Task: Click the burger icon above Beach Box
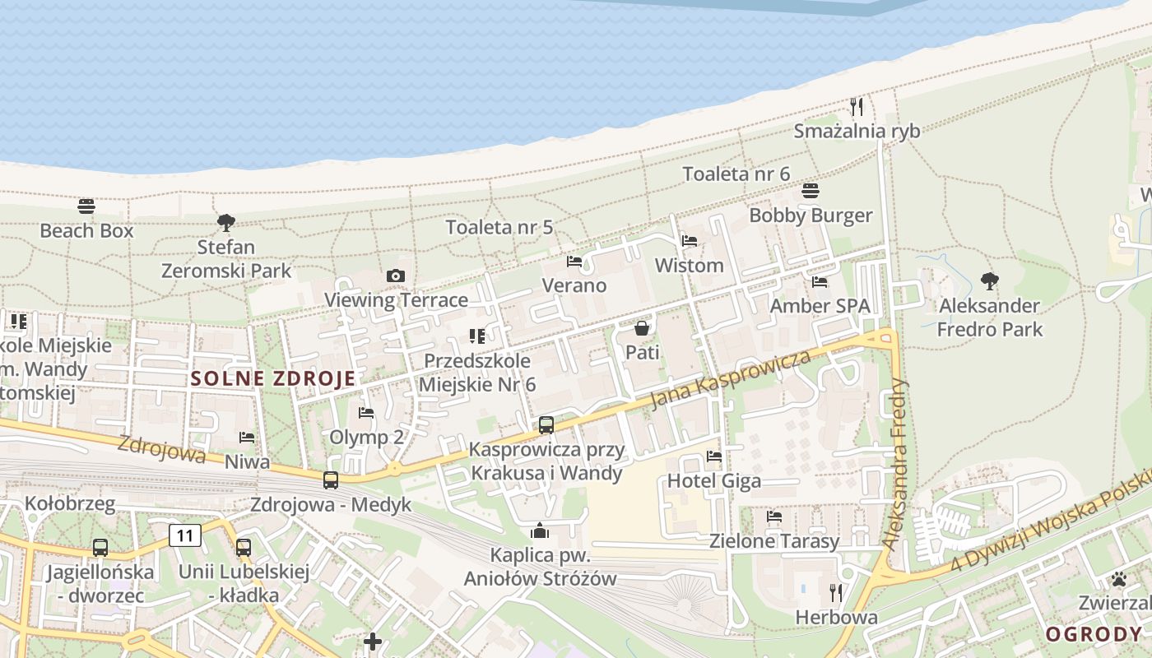86,206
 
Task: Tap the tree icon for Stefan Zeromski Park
226,222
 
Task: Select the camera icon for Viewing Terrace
396,276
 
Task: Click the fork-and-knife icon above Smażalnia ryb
857,106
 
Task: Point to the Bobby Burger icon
811,191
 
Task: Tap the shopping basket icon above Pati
642,328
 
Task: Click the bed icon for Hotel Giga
714,456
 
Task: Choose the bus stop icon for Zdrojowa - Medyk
331,480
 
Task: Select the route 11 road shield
185,536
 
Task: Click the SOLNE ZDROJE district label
273,379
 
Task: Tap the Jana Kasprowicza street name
730,379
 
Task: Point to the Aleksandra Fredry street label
895,464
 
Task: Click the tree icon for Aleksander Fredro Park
990,281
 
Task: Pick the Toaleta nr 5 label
499,227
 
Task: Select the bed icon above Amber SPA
820,282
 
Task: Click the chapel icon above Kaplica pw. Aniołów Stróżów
540,531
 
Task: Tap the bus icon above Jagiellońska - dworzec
100,547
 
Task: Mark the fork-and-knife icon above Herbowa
836,592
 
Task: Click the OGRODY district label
1094,634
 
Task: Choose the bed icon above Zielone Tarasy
774,517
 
